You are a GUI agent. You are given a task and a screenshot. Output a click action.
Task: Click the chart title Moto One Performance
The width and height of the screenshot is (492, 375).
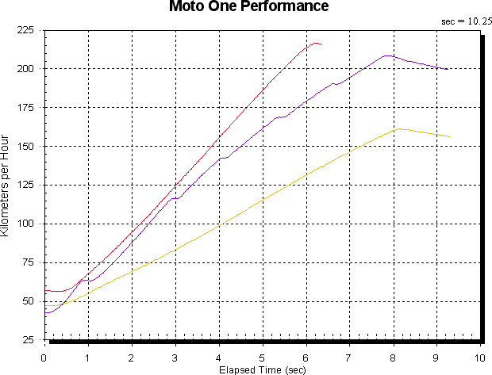(249, 6)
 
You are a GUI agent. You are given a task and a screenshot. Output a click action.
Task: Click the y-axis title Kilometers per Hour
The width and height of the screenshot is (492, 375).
(5, 186)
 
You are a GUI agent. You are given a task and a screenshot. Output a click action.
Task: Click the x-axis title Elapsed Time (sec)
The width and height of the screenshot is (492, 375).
(263, 370)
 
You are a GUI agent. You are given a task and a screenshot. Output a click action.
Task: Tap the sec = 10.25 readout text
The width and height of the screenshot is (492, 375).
(467, 21)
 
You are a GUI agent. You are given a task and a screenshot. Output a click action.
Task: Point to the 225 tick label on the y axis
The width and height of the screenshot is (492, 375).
(25, 30)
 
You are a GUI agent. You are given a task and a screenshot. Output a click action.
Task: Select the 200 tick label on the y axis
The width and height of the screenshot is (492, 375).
(25, 69)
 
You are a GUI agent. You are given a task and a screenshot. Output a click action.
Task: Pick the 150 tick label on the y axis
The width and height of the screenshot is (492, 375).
(25, 147)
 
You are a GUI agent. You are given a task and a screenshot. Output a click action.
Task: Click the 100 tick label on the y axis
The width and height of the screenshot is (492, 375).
(25, 224)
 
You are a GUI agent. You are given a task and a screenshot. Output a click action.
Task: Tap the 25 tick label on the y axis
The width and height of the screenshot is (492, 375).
(28, 340)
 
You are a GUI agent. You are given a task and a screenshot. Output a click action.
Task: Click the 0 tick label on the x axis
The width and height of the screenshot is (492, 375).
(44, 358)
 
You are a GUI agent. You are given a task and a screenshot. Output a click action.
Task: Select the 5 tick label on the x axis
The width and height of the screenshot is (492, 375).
(262, 358)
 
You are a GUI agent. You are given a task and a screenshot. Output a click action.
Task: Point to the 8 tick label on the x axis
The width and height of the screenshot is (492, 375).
(393, 358)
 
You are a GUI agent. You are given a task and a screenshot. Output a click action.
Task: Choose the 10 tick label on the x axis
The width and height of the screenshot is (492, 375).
(480, 358)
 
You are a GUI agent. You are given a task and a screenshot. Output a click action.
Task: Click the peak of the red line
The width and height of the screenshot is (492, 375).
(316, 44)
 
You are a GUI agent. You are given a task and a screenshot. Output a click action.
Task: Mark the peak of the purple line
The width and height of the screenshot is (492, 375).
(388, 55)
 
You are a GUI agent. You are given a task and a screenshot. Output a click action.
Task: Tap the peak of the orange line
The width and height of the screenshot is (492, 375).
(399, 128)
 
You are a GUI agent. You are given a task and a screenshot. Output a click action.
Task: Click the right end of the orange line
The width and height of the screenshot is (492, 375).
(449, 136)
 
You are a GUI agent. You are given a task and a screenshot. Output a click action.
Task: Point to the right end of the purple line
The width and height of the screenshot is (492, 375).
(448, 69)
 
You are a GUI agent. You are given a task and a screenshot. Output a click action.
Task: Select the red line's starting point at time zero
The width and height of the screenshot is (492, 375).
(45, 291)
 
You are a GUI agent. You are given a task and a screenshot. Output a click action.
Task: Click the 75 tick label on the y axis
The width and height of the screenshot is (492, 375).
(28, 262)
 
